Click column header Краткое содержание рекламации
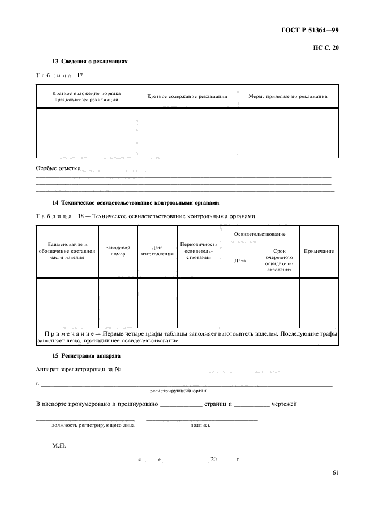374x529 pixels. click(x=187, y=97)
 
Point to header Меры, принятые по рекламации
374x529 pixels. click(x=288, y=97)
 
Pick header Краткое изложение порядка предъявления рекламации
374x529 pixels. click(x=87, y=96)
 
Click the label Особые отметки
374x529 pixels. click(x=58, y=168)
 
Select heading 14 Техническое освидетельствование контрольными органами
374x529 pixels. click(x=135, y=202)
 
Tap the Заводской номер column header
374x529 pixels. click(x=118, y=251)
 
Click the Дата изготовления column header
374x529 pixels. click(x=157, y=251)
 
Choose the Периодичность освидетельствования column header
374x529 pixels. click(x=199, y=251)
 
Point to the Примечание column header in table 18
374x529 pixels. click(x=319, y=251)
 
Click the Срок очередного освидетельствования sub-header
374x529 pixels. click(x=280, y=261)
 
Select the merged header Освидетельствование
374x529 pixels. click(x=260, y=234)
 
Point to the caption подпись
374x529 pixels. click(x=200, y=425)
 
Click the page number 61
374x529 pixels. click(x=335, y=474)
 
